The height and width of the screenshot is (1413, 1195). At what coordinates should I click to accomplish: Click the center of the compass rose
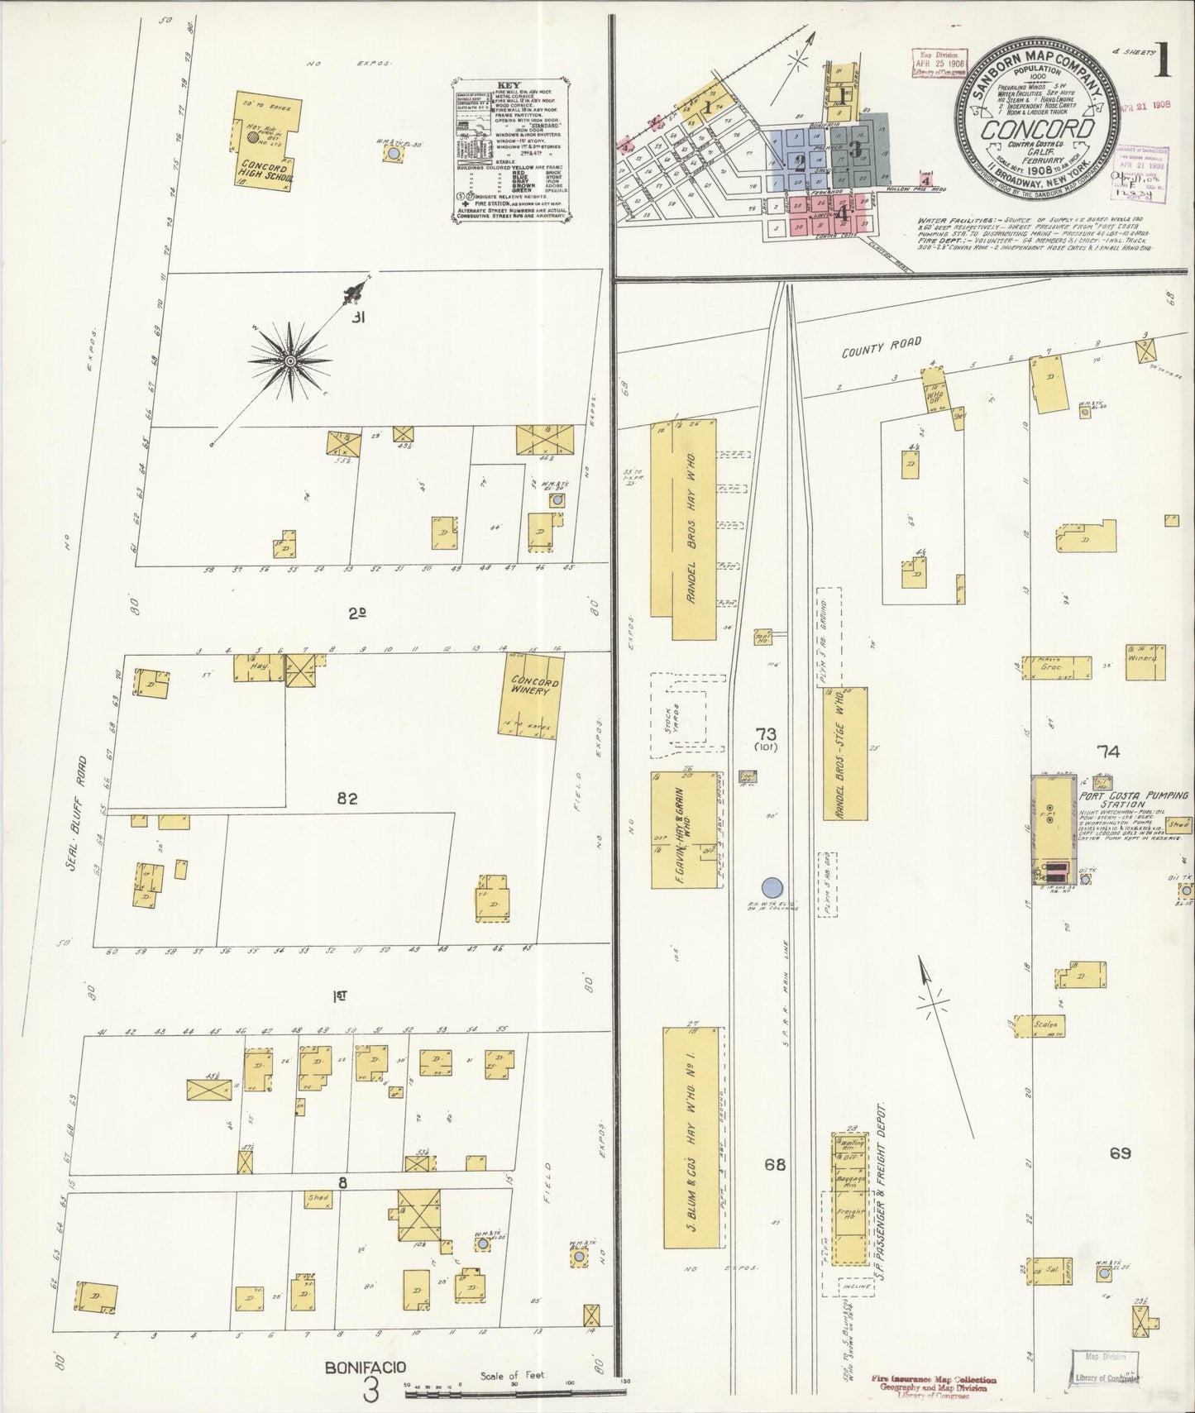point(291,361)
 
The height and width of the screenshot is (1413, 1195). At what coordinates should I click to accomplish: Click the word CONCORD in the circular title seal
point(1037,130)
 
